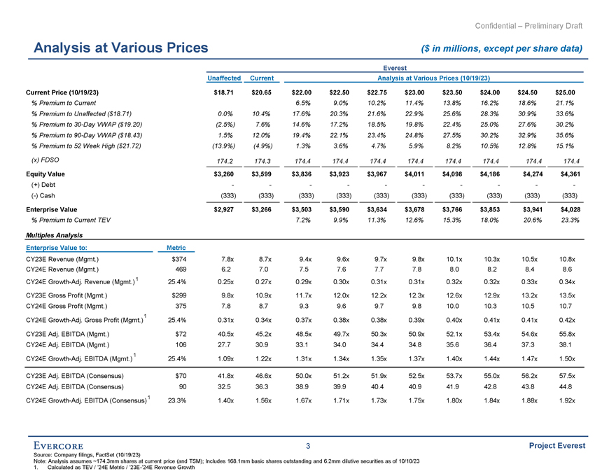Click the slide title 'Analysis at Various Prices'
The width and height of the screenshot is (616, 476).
pyautogui.click(x=117, y=48)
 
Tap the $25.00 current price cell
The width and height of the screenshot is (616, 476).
pyautogui.click(x=564, y=92)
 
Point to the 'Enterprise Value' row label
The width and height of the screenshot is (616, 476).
pyautogui.click(x=52, y=209)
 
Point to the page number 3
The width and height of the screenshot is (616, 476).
pyautogui.click(x=307, y=446)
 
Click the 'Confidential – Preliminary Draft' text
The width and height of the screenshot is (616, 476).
pyautogui.click(x=528, y=26)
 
